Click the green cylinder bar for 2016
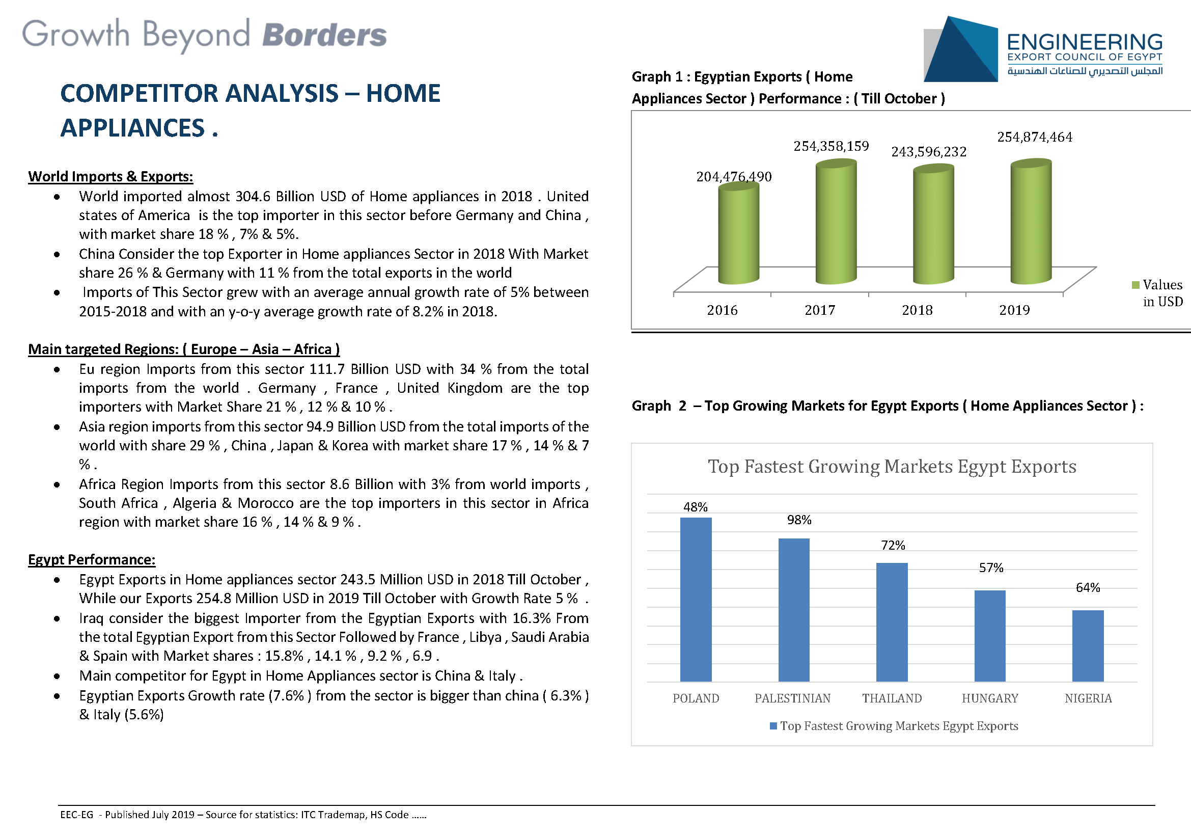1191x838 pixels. (x=739, y=234)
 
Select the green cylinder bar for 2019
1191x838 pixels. (x=1031, y=222)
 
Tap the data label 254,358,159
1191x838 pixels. (x=831, y=146)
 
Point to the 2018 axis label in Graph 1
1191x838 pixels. (x=917, y=310)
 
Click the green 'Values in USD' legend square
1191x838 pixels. (x=1135, y=285)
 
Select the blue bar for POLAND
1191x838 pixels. (x=696, y=599)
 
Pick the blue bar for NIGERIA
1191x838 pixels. (x=1088, y=646)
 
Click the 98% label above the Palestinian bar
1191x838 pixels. (x=799, y=520)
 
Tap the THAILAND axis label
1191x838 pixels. (x=892, y=698)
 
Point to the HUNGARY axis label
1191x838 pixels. (x=990, y=698)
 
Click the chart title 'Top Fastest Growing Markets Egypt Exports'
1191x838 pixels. (x=892, y=467)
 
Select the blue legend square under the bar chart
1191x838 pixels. (x=773, y=726)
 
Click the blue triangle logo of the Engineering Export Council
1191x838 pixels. (x=961, y=49)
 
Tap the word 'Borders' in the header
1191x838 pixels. (x=325, y=35)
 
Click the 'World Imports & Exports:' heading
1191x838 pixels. (x=110, y=176)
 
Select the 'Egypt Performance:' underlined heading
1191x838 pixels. (x=92, y=559)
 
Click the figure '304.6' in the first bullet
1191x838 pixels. (x=253, y=196)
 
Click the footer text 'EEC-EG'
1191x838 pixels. (x=77, y=815)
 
